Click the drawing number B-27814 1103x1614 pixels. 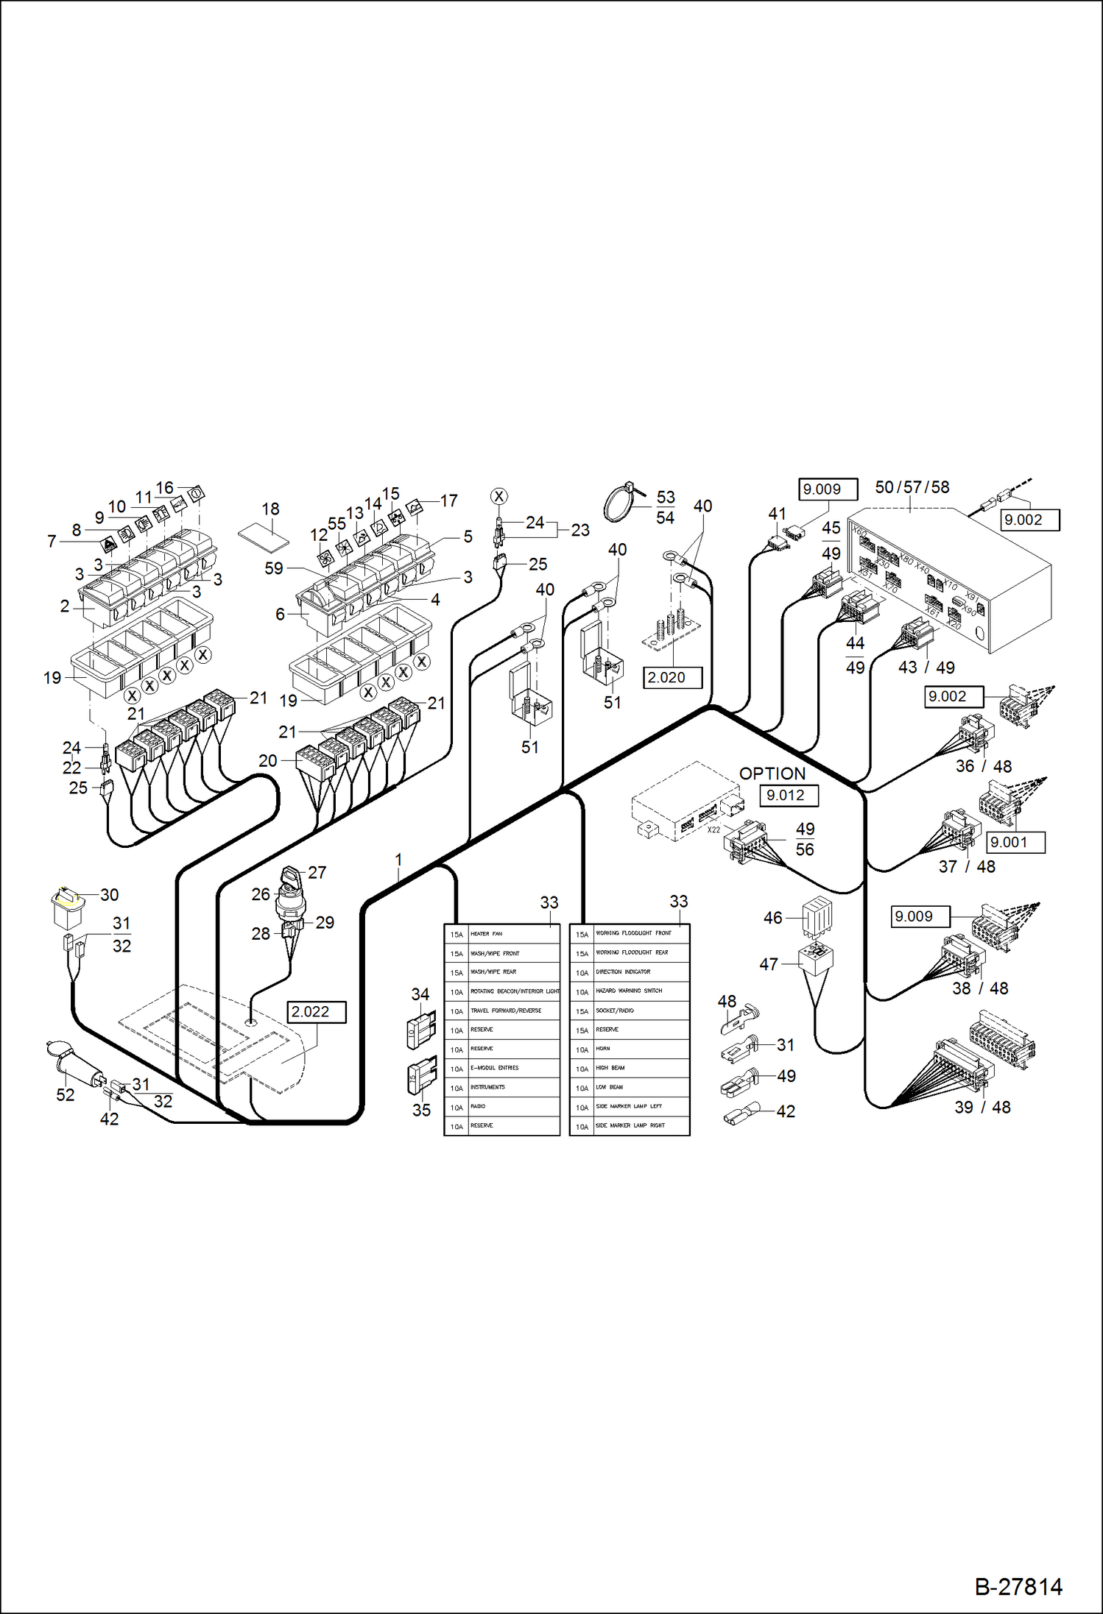[1018, 1587]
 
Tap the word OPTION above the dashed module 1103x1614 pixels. [772, 774]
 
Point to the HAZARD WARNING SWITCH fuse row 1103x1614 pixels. [629, 991]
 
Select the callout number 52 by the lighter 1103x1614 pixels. [65, 1094]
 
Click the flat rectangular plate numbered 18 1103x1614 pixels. [264, 538]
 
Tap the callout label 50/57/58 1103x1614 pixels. [912, 487]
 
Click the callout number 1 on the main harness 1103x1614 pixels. [398, 860]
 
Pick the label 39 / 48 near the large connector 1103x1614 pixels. [982, 1107]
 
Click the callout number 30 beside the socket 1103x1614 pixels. [110, 895]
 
